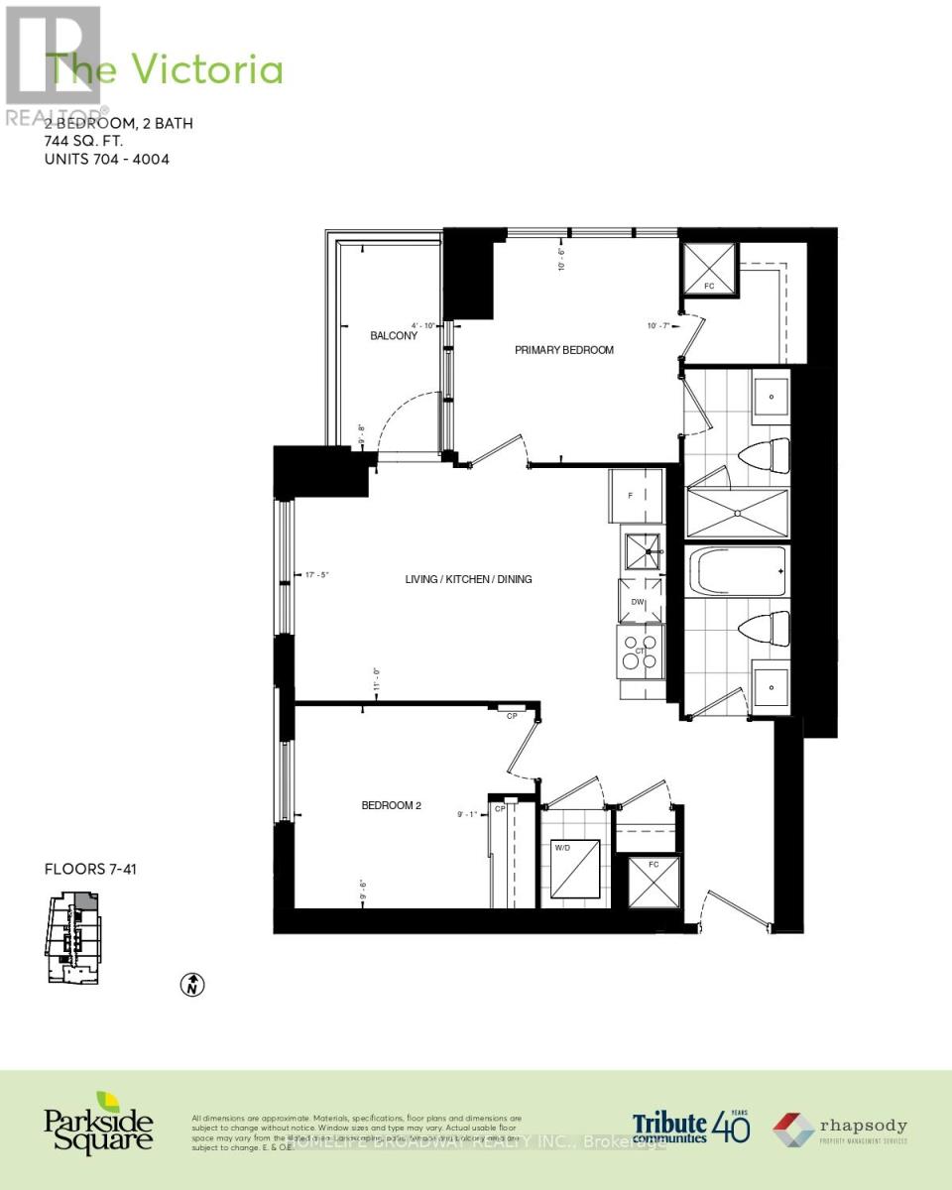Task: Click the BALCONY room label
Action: tap(394, 335)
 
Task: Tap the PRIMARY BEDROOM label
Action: tap(563, 350)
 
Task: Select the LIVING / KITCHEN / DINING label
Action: tap(468, 578)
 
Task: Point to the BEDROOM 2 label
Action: tap(392, 805)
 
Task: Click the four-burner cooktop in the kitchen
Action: tap(640, 652)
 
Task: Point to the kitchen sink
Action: tap(642, 548)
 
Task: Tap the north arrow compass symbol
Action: tap(192, 985)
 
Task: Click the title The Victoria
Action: tap(166, 70)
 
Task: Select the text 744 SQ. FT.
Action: tap(90, 141)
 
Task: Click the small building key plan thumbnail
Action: tap(71, 936)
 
